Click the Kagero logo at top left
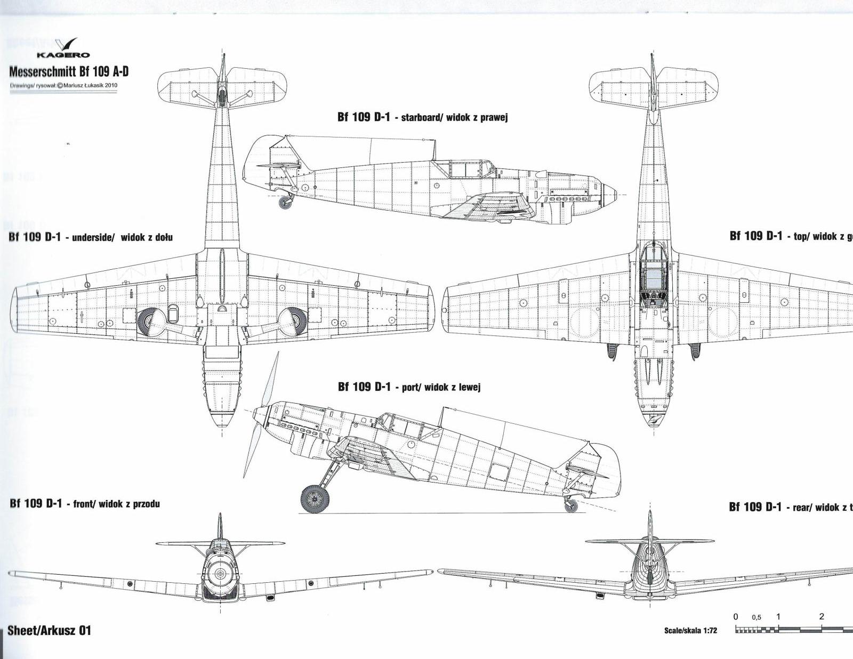click(63, 48)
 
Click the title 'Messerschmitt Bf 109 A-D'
click(69, 72)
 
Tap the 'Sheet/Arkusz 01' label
click(49, 630)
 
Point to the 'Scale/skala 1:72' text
click(690, 631)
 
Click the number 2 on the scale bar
click(822, 616)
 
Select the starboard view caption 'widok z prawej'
click(477, 117)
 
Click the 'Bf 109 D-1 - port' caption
click(379, 387)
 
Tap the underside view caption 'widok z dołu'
click(147, 237)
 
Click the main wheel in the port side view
click(315, 498)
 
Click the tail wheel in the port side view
click(571, 505)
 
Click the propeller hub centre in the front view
click(220, 574)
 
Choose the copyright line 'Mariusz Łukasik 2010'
click(89, 85)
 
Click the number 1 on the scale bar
click(778, 616)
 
